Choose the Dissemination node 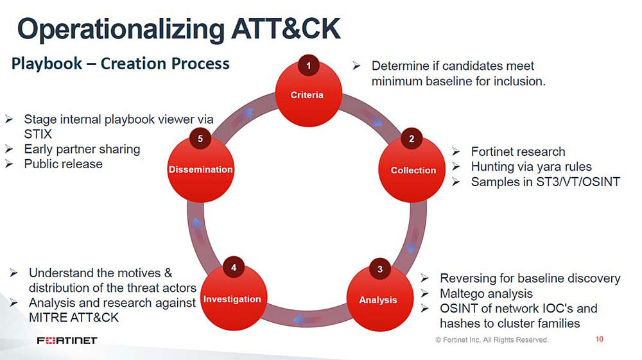point(200,169)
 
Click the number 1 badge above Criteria point(308,65)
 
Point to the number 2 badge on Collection point(411,139)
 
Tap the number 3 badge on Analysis point(379,269)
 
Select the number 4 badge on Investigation point(234,267)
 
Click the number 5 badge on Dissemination point(200,139)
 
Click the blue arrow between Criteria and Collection point(376,121)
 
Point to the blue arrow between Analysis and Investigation point(301,320)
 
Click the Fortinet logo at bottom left point(67,340)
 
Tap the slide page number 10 point(600,339)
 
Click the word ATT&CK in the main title point(286,29)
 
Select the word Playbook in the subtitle point(47,64)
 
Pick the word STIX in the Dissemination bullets point(38,134)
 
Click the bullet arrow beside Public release point(9,164)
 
